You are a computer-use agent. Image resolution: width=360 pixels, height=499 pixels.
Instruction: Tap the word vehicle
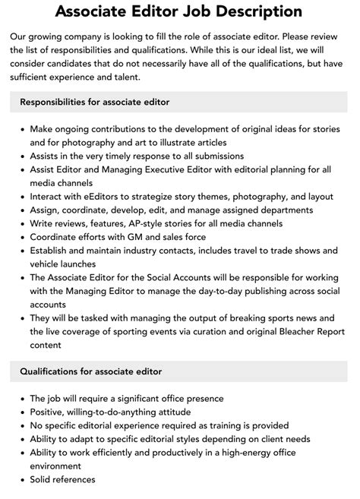[48, 264]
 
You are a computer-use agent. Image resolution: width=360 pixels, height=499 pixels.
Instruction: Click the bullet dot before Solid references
[21, 479]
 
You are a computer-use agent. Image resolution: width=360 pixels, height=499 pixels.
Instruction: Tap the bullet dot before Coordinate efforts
[21, 237]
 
